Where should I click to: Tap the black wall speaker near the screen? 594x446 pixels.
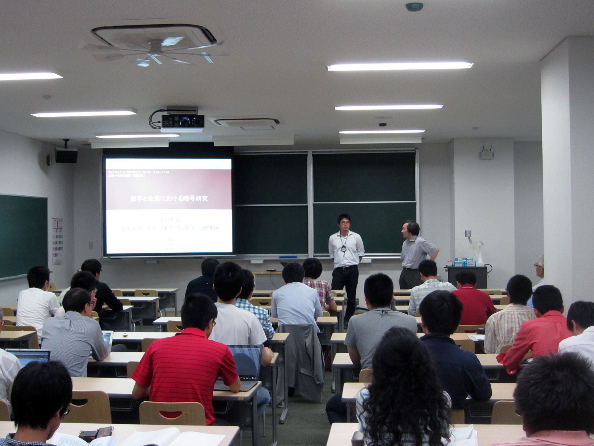[66, 156]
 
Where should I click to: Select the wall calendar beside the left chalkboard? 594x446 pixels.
[57, 241]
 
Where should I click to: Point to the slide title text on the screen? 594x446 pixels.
[169, 198]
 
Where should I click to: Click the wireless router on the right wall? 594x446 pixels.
[486, 154]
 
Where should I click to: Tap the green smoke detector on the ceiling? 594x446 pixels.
[414, 7]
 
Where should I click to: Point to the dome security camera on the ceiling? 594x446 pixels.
[382, 125]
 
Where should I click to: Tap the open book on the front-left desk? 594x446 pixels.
[169, 437]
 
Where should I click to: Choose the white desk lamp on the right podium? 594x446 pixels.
[474, 245]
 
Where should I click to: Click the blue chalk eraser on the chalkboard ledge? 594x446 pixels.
[288, 257]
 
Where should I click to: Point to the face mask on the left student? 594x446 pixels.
[48, 286]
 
